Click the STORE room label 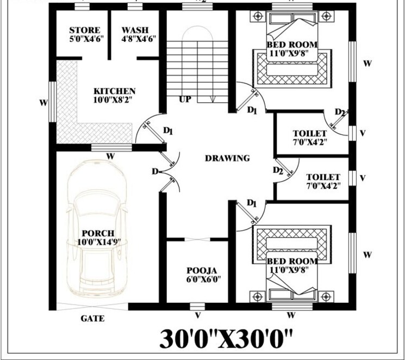[84, 30]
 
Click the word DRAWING [227, 158]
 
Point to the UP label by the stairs [185, 100]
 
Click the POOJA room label [202, 270]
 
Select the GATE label [92, 319]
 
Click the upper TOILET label [310, 134]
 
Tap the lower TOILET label [323, 177]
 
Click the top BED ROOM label [292, 44]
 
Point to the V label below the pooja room [198, 315]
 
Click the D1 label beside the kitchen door [168, 131]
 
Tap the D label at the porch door [155, 171]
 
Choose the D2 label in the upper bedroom [340, 113]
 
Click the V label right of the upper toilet [363, 133]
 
